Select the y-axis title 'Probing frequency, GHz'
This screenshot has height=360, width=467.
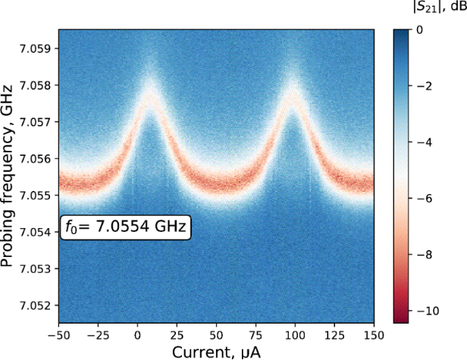[10, 176]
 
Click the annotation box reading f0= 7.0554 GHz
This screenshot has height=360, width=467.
[125, 227]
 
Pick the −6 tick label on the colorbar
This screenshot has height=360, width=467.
[429, 199]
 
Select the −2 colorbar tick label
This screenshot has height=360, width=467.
[429, 86]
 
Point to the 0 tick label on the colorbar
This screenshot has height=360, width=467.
[425, 30]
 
